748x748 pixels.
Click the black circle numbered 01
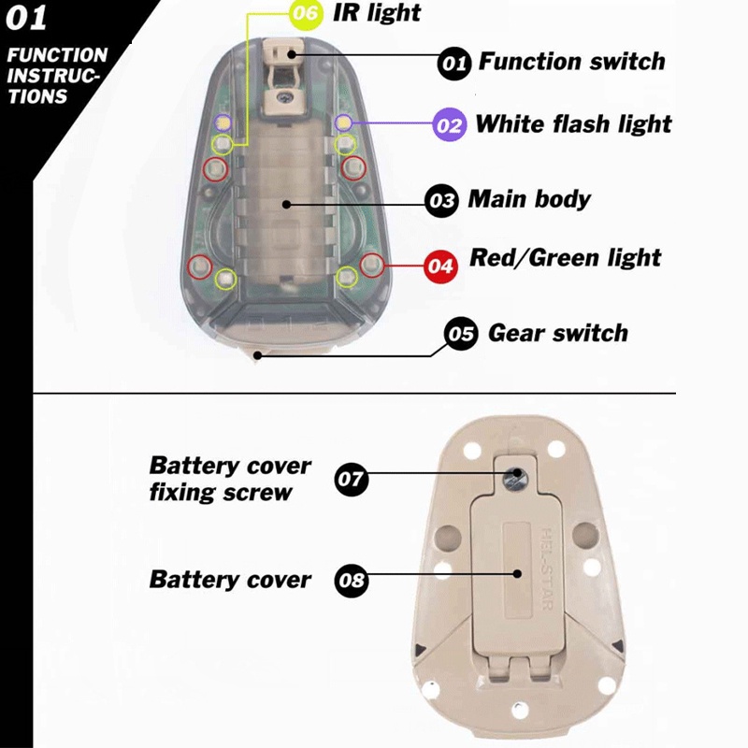pos(454,64)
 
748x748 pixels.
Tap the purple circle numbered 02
pos(450,125)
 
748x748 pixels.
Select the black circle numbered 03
pos(441,201)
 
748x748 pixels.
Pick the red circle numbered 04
pos(440,266)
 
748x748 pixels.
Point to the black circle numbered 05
pos(461,334)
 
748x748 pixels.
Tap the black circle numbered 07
pos(352,479)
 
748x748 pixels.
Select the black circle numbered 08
pos(352,581)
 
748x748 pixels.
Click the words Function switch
pos(571,62)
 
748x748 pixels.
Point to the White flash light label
pos(573,124)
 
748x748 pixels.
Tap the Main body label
pos(529,199)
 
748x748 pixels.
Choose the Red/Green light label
pos(566,258)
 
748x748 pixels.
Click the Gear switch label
pos(557,333)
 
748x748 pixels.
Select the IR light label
pos(377,13)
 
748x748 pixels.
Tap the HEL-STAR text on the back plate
pos(547,568)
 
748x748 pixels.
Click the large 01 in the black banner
pos(26,18)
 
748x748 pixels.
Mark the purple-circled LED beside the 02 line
pos(343,123)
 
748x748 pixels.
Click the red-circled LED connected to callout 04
pos(371,266)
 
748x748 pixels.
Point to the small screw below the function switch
pos(286,97)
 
